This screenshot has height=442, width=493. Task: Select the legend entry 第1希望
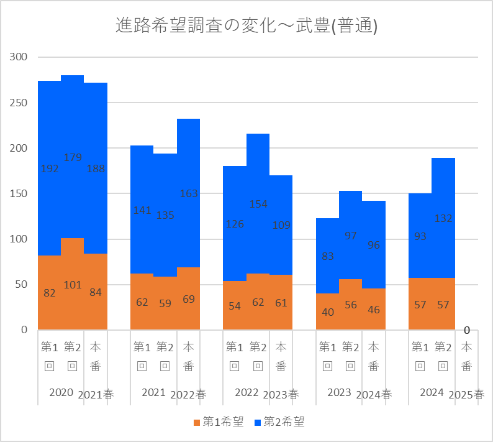218,422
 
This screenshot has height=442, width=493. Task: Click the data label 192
50,168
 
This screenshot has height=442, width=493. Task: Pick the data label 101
73,285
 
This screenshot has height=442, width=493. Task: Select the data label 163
189,193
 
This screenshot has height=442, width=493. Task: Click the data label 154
258,204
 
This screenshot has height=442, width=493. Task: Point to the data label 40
328,312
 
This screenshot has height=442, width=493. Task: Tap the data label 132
443,218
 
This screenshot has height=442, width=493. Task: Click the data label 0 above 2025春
466,330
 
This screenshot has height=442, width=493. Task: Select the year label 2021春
96,394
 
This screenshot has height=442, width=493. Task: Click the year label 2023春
281,394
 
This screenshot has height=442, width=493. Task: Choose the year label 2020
61,393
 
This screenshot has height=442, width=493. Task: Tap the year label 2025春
466,394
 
